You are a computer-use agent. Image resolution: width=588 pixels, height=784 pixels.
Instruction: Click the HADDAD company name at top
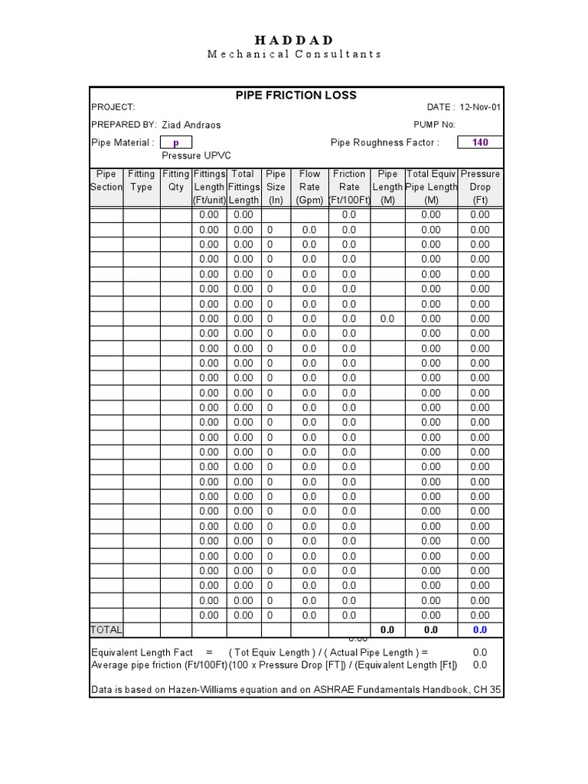click(x=294, y=40)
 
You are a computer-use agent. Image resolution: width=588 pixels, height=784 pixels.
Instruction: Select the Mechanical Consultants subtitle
click(x=294, y=54)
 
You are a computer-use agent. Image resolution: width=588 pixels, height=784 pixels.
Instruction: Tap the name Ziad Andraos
click(x=191, y=125)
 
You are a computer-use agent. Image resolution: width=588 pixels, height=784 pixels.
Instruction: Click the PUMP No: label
click(x=434, y=125)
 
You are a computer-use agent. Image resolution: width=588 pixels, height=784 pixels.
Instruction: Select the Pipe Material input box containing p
click(x=175, y=142)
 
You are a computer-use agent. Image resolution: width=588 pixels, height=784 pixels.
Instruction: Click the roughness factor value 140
click(x=480, y=142)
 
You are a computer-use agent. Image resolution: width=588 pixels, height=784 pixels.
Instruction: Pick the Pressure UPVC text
click(x=191, y=155)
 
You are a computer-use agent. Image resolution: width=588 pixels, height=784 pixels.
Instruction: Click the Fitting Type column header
click(x=141, y=181)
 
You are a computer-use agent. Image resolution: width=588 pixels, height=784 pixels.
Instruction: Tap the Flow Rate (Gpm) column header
click(x=309, y=187)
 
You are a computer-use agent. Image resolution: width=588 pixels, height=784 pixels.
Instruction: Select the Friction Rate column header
click(x=348, y=187)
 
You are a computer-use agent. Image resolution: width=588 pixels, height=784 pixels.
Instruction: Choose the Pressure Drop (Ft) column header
click(x=480, y=187)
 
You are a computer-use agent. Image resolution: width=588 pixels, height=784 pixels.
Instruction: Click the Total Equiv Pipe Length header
click(x=431, y=187)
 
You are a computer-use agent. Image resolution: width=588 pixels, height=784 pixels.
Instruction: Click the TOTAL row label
click(x=106, y=629)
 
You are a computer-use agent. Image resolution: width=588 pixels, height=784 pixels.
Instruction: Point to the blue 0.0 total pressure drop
click(x=480, y=629)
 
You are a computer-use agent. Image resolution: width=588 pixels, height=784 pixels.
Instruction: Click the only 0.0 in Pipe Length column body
click(x=387, y=318)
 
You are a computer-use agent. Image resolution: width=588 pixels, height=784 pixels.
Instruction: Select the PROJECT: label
click(x=113, y=108)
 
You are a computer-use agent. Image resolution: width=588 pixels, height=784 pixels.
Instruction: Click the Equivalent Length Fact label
click(x=142, y=652)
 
